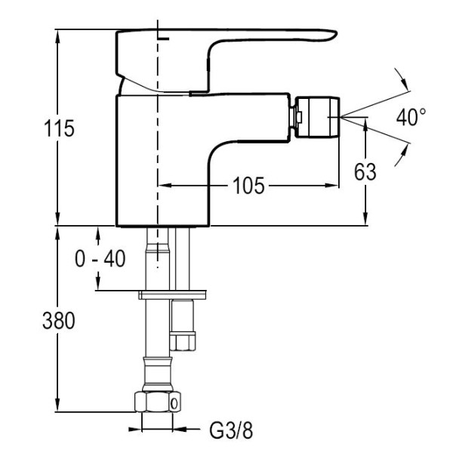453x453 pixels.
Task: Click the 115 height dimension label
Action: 58,128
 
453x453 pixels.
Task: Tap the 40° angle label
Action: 411,117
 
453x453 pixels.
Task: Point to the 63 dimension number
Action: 365,171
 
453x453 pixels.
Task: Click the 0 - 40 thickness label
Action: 100,259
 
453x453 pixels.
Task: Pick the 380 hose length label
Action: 58,321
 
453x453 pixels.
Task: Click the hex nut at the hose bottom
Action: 156,402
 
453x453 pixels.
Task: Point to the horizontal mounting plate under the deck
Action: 173,293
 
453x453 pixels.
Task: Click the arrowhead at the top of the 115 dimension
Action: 58,35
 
